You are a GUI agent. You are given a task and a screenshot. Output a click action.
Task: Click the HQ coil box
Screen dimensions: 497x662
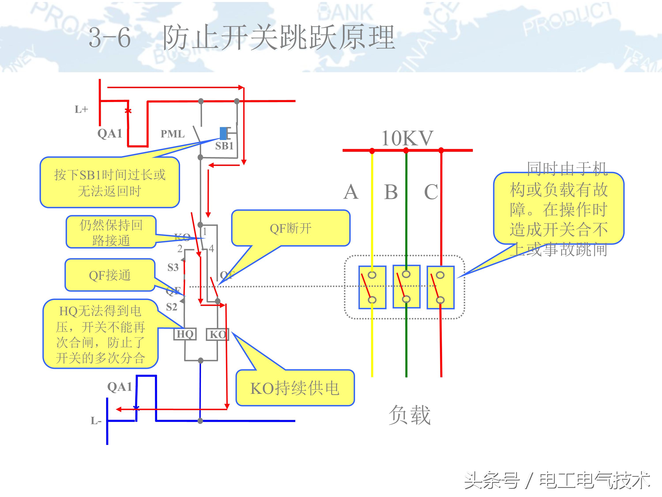click(185, 334)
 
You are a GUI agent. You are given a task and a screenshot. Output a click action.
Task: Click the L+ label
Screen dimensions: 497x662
click(81, 109)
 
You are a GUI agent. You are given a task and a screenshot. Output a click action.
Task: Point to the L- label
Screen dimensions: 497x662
click(96, 421)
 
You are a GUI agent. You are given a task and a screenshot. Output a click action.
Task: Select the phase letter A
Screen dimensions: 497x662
click(351, 192)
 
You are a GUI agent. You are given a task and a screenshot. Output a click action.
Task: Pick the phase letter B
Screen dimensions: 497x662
click(391, 192)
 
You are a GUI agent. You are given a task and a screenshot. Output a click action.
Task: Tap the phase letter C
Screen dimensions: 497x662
click(431, 192)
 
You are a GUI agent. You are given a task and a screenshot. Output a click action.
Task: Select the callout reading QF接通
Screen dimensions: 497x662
click(110, 275)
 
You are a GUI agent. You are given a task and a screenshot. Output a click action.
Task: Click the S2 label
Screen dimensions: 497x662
click(171, 307)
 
